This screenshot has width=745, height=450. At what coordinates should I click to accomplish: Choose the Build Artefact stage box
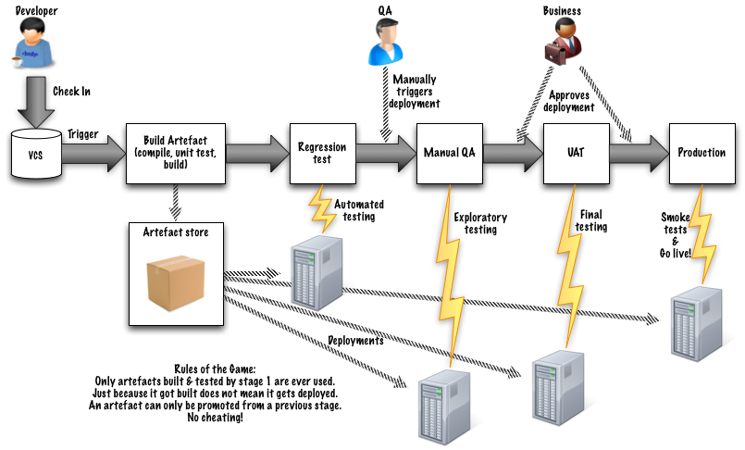(x=175, y=153)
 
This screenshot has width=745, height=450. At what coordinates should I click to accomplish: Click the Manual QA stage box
(x=449, y=153)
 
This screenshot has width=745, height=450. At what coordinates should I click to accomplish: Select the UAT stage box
(x=575, y=153)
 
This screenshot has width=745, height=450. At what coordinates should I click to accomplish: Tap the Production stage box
(x=702, y=153)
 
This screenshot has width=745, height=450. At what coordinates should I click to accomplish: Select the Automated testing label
(x=359, y=210)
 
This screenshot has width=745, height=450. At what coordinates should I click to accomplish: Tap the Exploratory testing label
(x=480, y=223)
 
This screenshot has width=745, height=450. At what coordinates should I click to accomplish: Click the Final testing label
(x=591, y=220)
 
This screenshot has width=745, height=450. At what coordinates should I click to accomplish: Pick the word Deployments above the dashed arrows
(x=356, y=340)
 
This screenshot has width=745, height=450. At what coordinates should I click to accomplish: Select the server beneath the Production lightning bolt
(x=696, y=321)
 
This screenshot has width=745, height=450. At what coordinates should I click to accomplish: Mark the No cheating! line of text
(x=215, y=418)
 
